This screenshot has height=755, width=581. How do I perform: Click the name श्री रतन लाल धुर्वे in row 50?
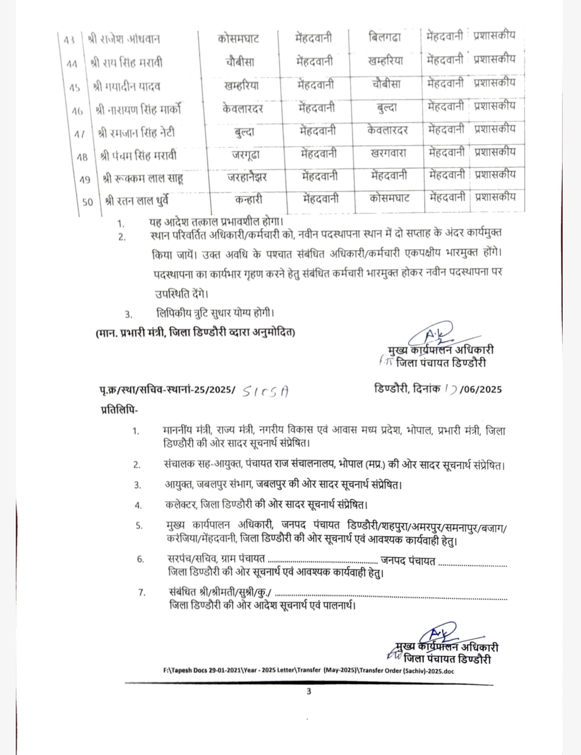pyautogui.click(x=137, y=201)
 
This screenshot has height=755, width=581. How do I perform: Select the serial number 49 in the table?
pyautogui.click(x=85, y=179)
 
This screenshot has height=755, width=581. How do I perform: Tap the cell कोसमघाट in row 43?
pyautogui.click(x=238, y=38)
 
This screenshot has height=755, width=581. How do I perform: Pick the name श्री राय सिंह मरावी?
pyautogui.click(x=126, y=63)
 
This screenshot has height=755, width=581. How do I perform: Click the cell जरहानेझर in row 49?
pyautogui.click(x=246, y=177)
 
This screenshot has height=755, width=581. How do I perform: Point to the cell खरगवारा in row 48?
pyautogui.click(x=388, y=153)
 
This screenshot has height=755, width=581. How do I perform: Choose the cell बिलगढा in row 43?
pyautogui.click(x=385, y=37)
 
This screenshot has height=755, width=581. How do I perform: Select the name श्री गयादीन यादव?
pyautogui.click(x=126, y=86)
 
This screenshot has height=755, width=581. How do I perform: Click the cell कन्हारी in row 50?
pyautogui.click(x=249, y=199)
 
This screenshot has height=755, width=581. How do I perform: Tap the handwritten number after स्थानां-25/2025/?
pyautogui.click(x=265, y=391)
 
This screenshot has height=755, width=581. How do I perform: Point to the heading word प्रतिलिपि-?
pyautogui.click(x=119, y=409)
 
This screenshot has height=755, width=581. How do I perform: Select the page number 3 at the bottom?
pyautogui.click(x=309, y=691)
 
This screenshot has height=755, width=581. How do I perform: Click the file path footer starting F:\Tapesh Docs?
pyautogui.click(x=309, y=670)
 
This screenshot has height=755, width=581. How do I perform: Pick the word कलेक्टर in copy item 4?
pyautogui.click(x=181, y=505)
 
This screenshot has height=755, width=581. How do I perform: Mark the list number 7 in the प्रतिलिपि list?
pyautogui.click(x=142, y=592)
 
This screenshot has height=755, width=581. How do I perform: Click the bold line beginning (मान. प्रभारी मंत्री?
pyautogui.click(x=195, y=332)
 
